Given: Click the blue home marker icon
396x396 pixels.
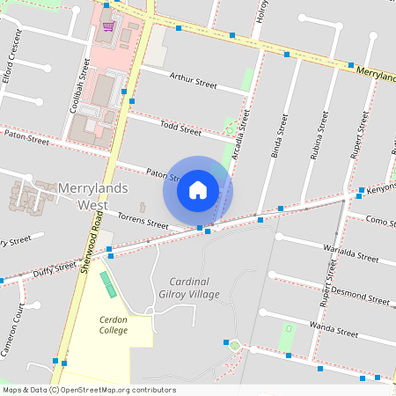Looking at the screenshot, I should coord(198,190).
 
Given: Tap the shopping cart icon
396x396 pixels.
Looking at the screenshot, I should coord(108,26).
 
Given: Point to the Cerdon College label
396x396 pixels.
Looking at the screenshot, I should coord(114,324).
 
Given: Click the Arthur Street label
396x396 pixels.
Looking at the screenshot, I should coord(193,81).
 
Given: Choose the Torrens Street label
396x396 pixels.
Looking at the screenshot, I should coord(143,220).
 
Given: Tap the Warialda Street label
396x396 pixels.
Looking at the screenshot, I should coord(350,254).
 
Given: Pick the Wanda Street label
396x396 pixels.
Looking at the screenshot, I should coord(335,330).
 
